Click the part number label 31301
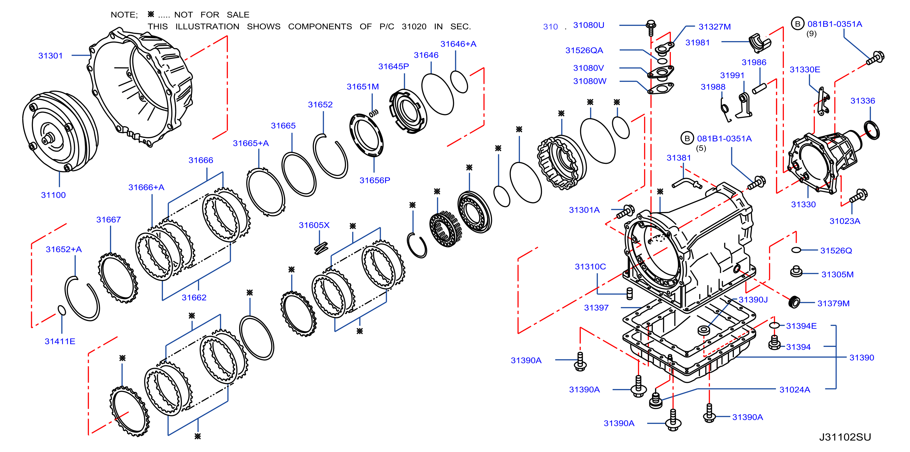[51, 56]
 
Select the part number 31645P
[394, 66]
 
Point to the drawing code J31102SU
[845, 437]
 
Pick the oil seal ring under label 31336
[872, 130]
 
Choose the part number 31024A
[795, 390]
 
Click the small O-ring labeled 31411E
[62, 310]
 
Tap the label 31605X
[314, 225]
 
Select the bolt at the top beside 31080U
[651, 27]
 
